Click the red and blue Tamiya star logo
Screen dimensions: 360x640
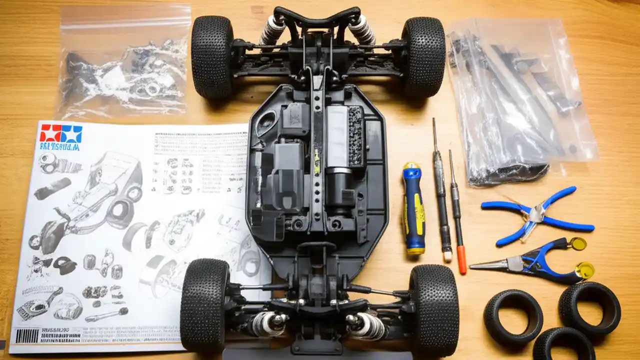[x=61, y=133]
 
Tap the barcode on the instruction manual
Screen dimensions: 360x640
[x=26, y=335]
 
